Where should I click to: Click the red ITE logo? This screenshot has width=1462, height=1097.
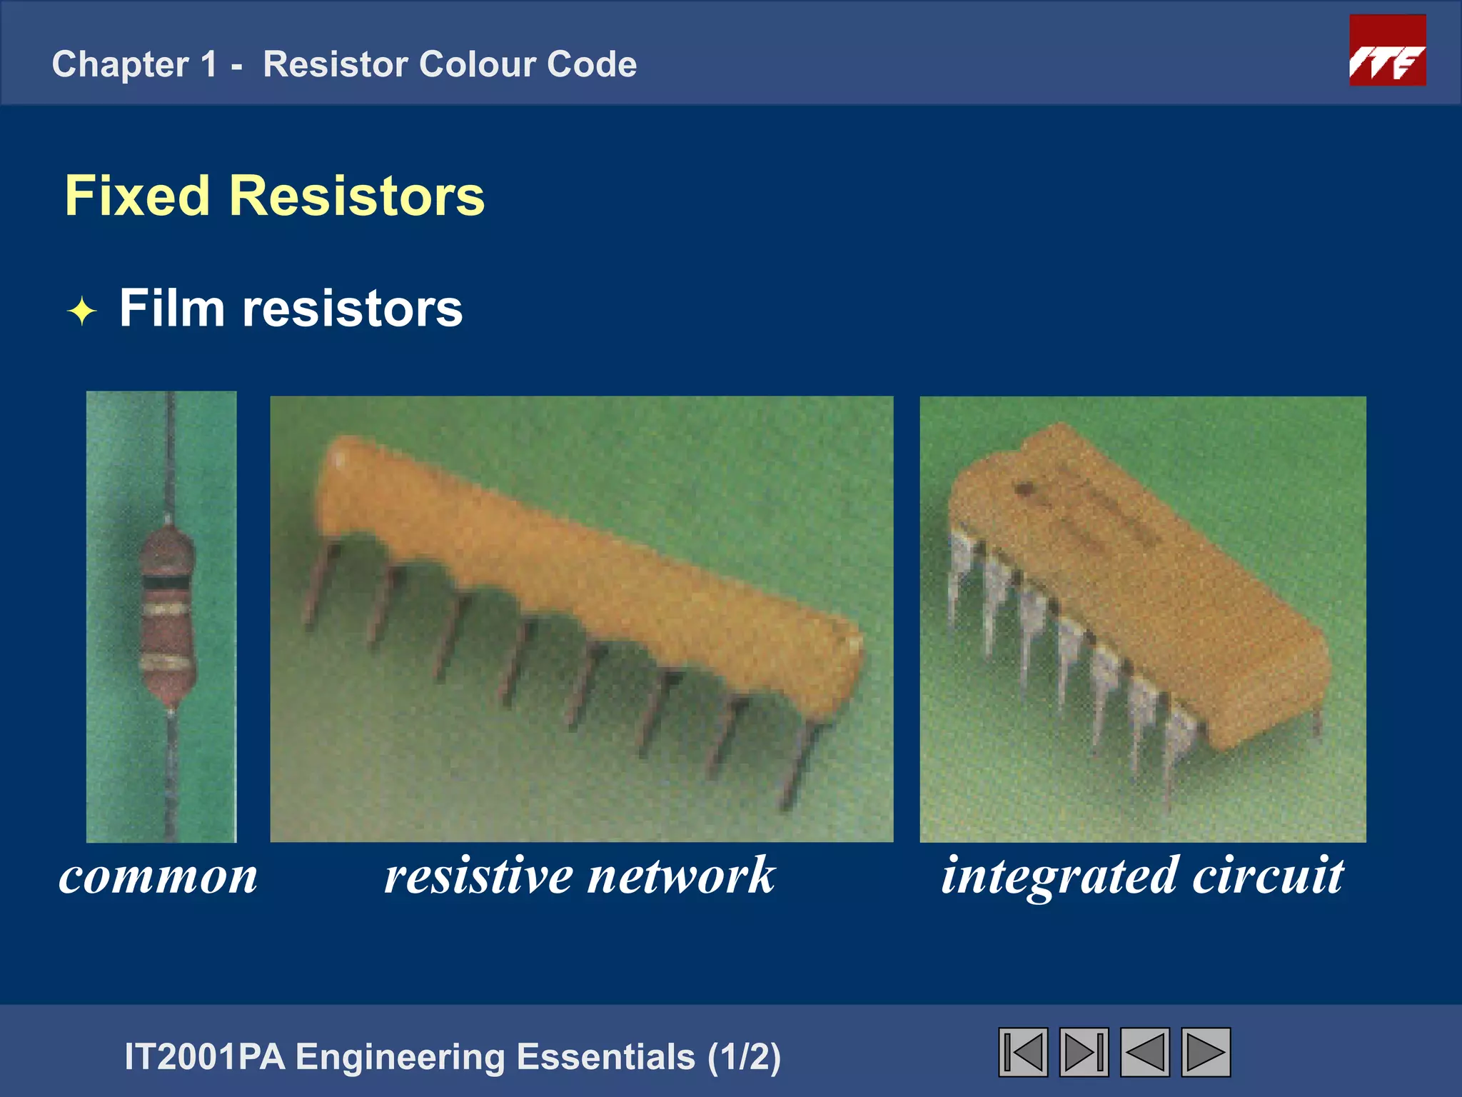[1387, 51]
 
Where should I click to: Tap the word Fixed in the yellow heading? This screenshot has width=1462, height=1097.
[137, 196]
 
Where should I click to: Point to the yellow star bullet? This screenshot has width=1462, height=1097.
[82, 311]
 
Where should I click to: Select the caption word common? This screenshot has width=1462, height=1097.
[158, 877]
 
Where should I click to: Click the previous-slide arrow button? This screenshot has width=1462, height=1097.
[1145, 1052]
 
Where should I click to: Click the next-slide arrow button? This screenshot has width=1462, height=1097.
[1206, 1052]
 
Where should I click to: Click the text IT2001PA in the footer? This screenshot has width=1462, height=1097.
[204, 1057]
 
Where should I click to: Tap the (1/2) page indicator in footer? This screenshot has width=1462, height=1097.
[744, 1057]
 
